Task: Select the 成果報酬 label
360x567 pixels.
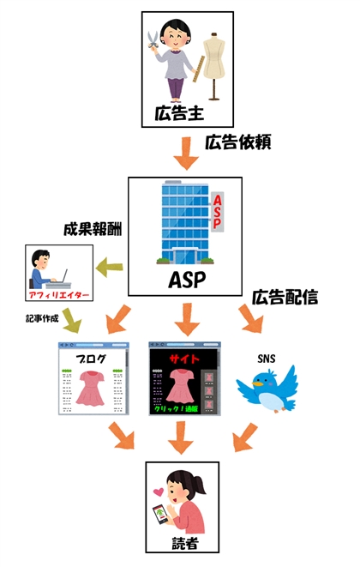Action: (x=92, y=230)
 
